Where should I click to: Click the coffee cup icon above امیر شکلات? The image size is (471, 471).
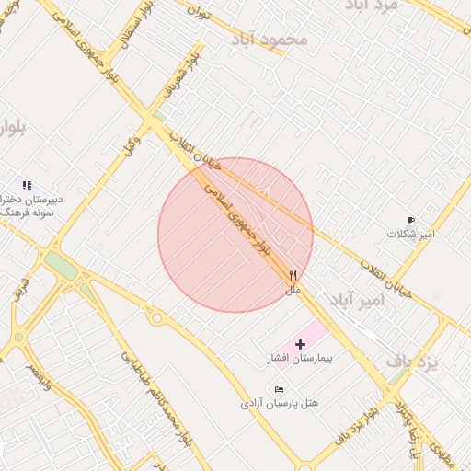click(410, 221)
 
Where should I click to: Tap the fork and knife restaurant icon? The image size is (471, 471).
click(293, 275)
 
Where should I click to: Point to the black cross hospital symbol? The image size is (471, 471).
click(301, 343)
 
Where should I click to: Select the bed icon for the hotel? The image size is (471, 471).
click(280, 390)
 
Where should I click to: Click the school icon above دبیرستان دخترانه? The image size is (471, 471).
click(27, 185)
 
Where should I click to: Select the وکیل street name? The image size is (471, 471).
click(133, 144)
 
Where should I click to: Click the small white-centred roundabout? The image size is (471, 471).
click(157, 318)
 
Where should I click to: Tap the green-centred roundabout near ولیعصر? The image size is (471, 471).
click(19, 337)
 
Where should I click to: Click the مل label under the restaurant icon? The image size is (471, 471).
click(293, 290)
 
